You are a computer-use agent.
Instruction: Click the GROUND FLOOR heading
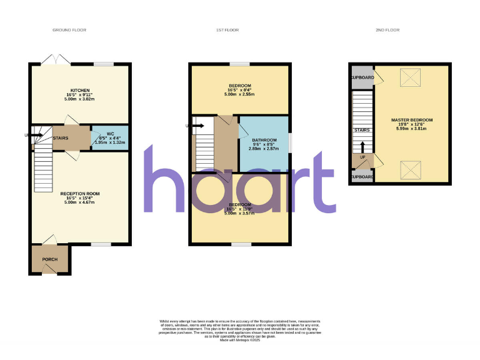point(69,30)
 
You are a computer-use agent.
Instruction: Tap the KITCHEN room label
point(81,90)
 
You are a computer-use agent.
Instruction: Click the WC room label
point(110,134)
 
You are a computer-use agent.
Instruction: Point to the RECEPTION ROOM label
point(80,194)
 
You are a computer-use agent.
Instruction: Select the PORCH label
point(50,259)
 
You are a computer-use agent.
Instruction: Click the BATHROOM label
point(264,140)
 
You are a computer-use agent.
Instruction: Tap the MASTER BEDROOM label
point(412,120)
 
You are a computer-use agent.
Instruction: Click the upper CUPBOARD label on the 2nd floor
point(362,78)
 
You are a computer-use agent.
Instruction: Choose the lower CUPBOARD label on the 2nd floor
point(362,177)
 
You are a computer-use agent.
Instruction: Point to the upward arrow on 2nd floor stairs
point(362,146)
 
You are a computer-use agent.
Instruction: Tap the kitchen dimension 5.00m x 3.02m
point(81,99)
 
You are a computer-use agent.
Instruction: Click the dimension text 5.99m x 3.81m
point(412,129)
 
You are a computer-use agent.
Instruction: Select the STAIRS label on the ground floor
point(61,138)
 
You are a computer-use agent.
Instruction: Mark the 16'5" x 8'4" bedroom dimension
point(240,90)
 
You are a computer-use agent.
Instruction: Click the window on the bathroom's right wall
point(289,141)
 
